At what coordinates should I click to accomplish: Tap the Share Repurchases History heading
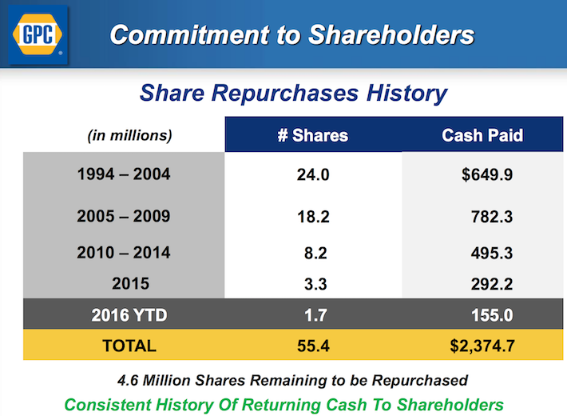293,93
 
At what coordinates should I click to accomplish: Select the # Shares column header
312,134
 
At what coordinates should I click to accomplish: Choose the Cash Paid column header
482,134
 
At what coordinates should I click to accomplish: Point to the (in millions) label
129,134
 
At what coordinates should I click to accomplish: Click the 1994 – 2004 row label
123,174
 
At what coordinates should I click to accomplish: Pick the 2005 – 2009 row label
123,216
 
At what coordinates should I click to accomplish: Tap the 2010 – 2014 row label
123,253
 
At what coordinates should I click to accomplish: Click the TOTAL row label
123,346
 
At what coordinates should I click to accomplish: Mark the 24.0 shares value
313,174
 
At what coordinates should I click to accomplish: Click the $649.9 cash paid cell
486,174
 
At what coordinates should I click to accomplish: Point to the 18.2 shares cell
313,217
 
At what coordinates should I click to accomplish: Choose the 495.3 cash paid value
491,254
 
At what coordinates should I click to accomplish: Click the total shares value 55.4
313,346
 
